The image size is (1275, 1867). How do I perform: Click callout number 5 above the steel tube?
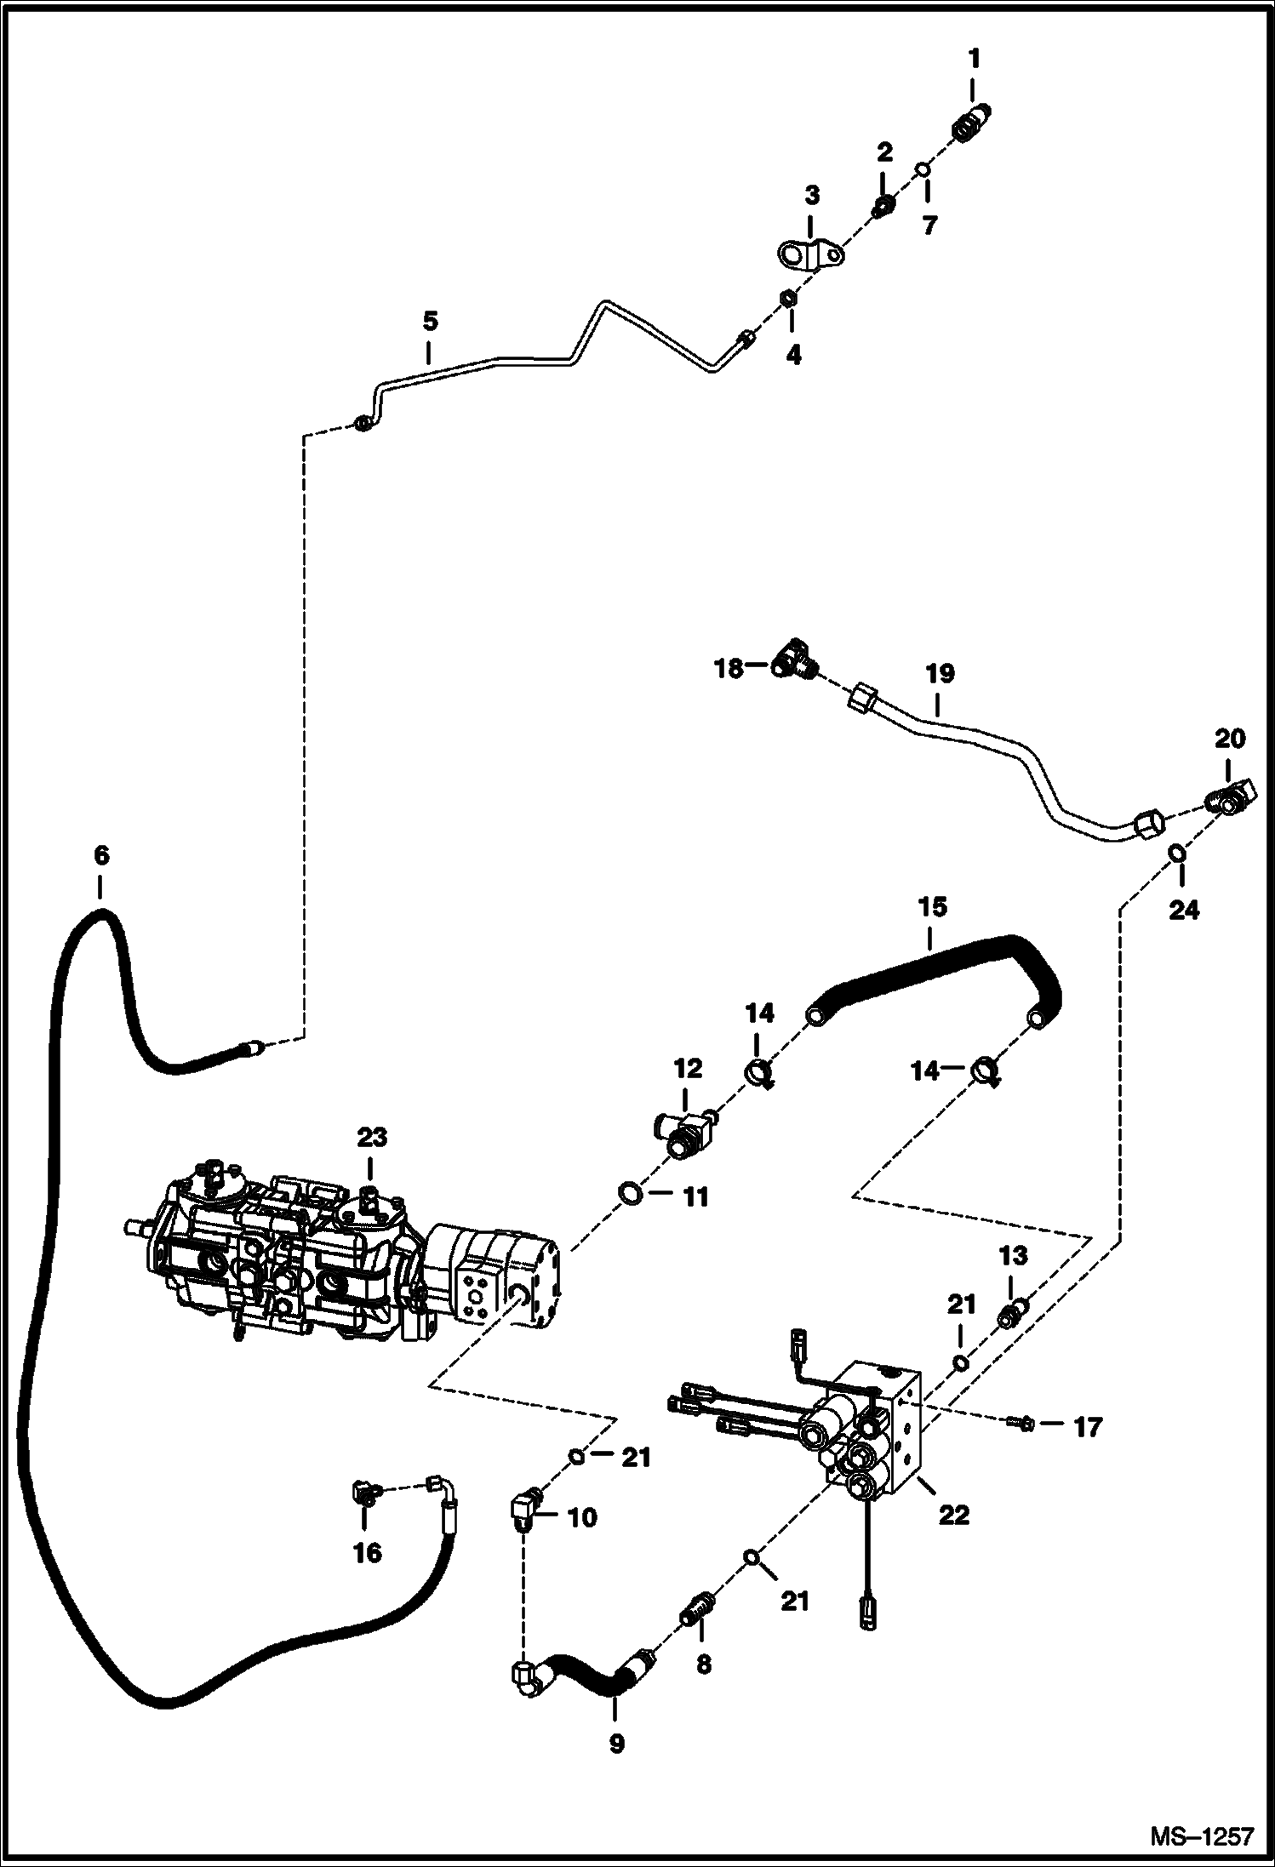[x=430, y=322]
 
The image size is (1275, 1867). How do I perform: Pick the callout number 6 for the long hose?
[x=101, y=854]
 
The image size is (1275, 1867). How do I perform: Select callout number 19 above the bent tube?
[x=940, y=674]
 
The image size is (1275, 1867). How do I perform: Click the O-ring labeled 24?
[x=1175, y=852]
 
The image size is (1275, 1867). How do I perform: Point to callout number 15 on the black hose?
[x=932, y=906]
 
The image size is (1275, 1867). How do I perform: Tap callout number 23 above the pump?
[x=372, y=1137]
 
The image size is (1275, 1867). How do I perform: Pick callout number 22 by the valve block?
[x=953, y=1516]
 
